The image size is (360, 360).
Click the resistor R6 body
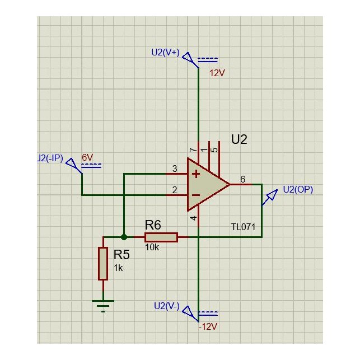tap(161, 237)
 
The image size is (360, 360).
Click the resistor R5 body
tap(103, 264)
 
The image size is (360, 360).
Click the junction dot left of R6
tap(124, 237)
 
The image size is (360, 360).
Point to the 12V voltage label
tap(217, 73)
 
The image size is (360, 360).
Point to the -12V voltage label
tap(207, 326)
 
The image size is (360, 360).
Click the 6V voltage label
tap(87, 158)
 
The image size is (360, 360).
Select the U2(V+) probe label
tap(165, 52)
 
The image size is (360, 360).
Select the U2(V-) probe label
tap(166, 306)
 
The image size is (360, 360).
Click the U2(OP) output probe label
tap(298, 189)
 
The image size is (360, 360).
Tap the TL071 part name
tap(243, 227)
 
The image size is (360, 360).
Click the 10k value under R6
tap(152, 247)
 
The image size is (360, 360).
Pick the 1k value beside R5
tap(118, 268)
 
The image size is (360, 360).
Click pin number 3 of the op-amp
tap(175, 169)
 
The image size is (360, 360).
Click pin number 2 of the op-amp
tap(175, 190)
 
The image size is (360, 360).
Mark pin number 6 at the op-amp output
tap(242, 179)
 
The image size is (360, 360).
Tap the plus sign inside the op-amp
tap(196, 174)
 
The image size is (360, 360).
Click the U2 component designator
tap(239, 139)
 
